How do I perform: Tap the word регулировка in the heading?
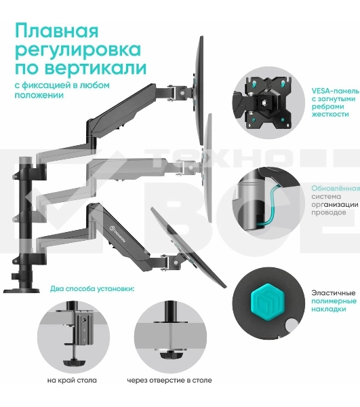click(78, 50)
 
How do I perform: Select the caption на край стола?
click(72, 380)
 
